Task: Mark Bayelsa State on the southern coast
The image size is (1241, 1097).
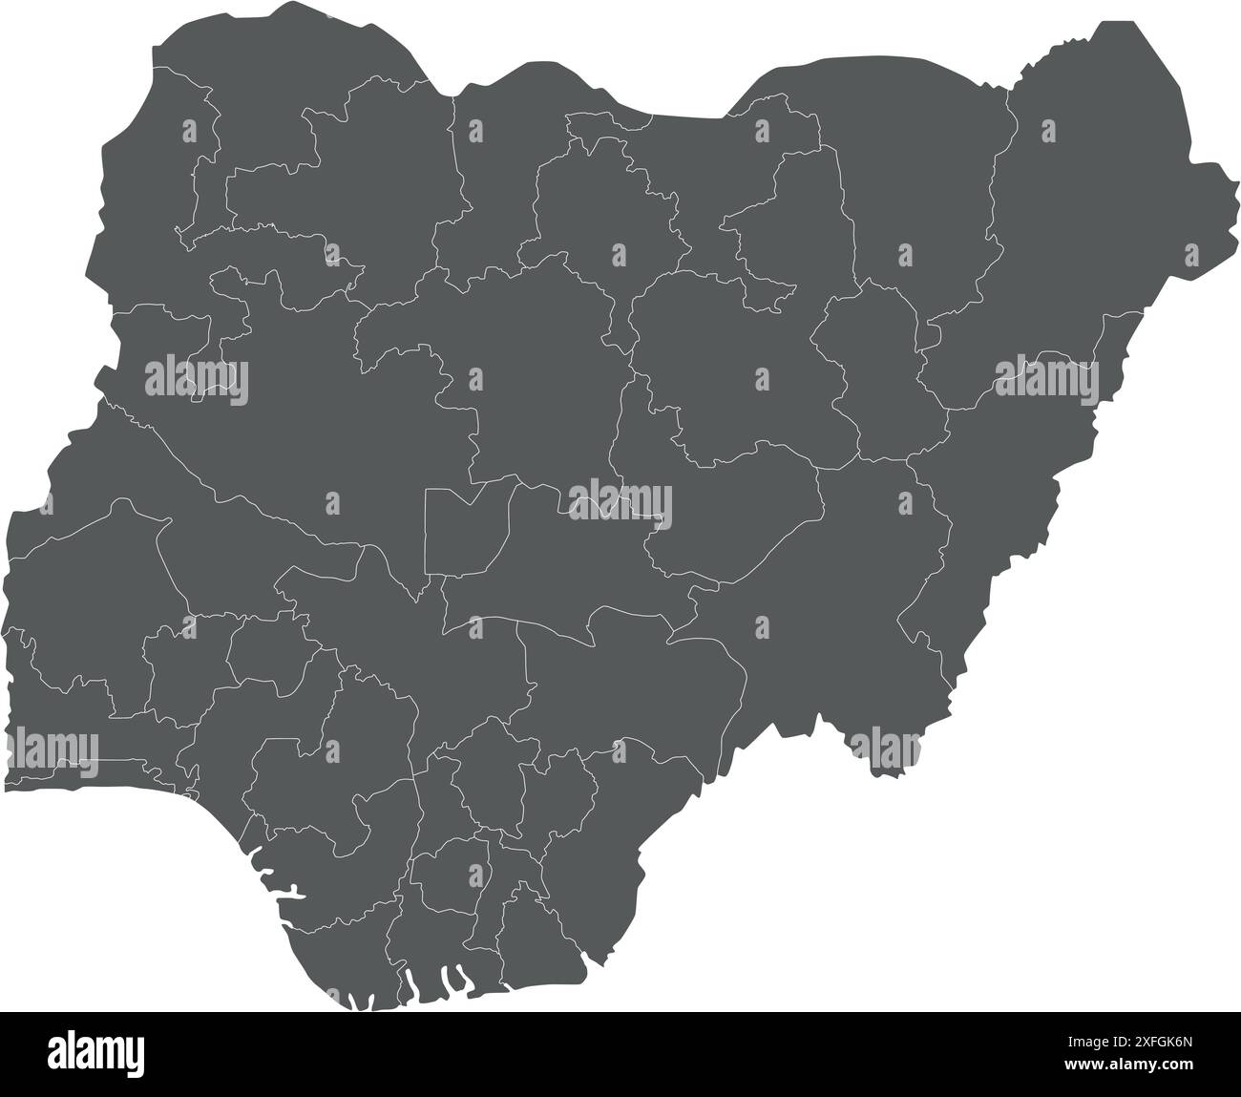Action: [x=344, y=955]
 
